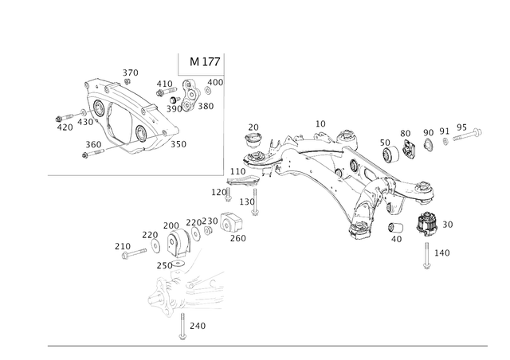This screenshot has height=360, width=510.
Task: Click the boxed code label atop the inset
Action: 203,61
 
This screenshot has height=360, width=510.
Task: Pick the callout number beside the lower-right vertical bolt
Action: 445,252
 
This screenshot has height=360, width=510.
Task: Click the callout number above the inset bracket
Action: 130,72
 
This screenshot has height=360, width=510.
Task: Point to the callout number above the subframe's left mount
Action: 253,127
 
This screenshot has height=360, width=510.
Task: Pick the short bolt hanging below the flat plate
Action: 255,209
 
